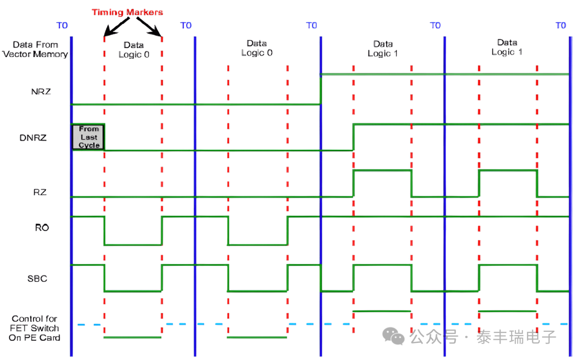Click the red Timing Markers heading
(127, 12)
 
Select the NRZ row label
(40, 91)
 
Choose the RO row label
(42, 227)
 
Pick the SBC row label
(38, 278)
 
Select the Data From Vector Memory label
(35, 50)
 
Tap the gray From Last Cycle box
(88, 137)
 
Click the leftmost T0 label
(62, 26)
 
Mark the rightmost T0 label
(561, 26)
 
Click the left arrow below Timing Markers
(114, 27)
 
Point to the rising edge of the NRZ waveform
(321, 89)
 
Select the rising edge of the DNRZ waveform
(353, 137)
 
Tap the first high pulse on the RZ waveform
(382, 170)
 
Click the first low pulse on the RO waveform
(133, 244)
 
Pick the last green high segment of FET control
(507, 310)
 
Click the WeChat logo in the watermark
(395, 336)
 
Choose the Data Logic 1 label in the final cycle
(507, 47)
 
